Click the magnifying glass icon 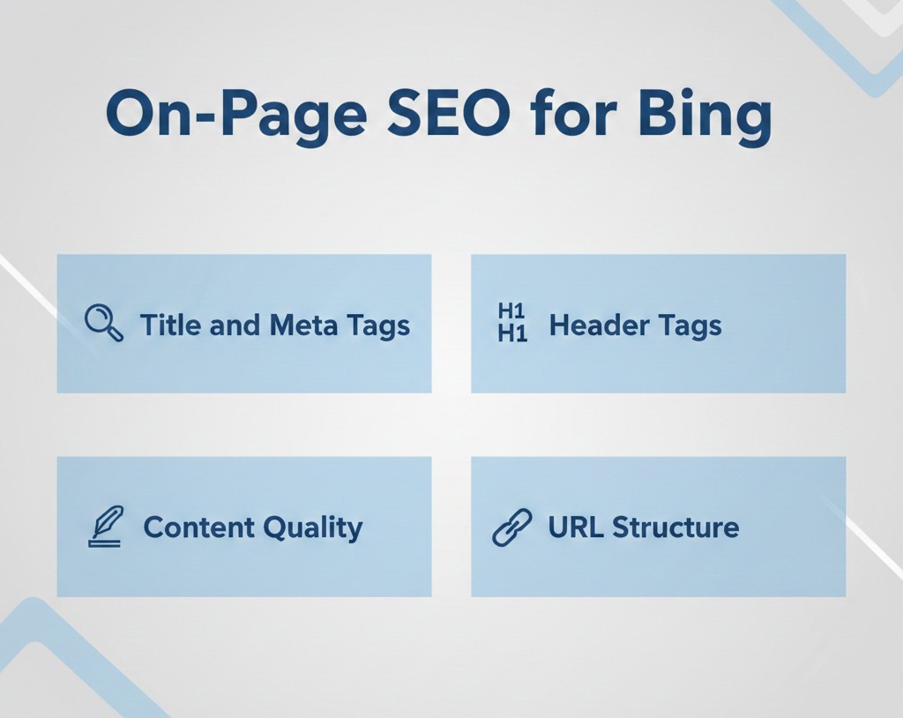click(103, 323)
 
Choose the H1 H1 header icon click(512, 323)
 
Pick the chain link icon click(512, 528)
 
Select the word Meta click(303, 325)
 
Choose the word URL click(576, 527)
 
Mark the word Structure click(675, 527)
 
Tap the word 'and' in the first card click(235, 325)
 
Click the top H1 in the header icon click(512, 311)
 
